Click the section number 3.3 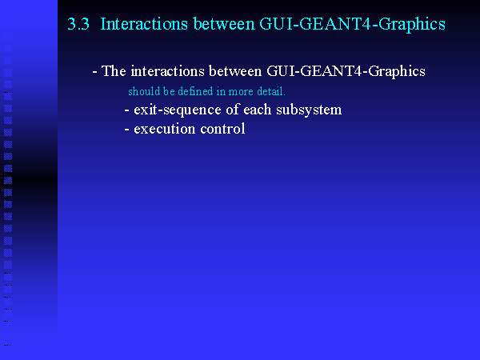[78, 24]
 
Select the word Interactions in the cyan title [144, 24]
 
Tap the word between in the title [224, 24]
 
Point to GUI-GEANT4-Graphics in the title [352, 25]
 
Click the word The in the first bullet [114, 71]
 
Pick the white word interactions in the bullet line [167, 71]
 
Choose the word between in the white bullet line [235, 71]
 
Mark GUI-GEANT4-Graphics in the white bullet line [346, 72]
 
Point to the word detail [271, 91]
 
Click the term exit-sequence [178, 110]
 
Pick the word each [258, 110]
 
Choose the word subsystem [309, 110]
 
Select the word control [222, 129]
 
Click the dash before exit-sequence [126, 111]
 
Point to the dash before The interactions [95, 73]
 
